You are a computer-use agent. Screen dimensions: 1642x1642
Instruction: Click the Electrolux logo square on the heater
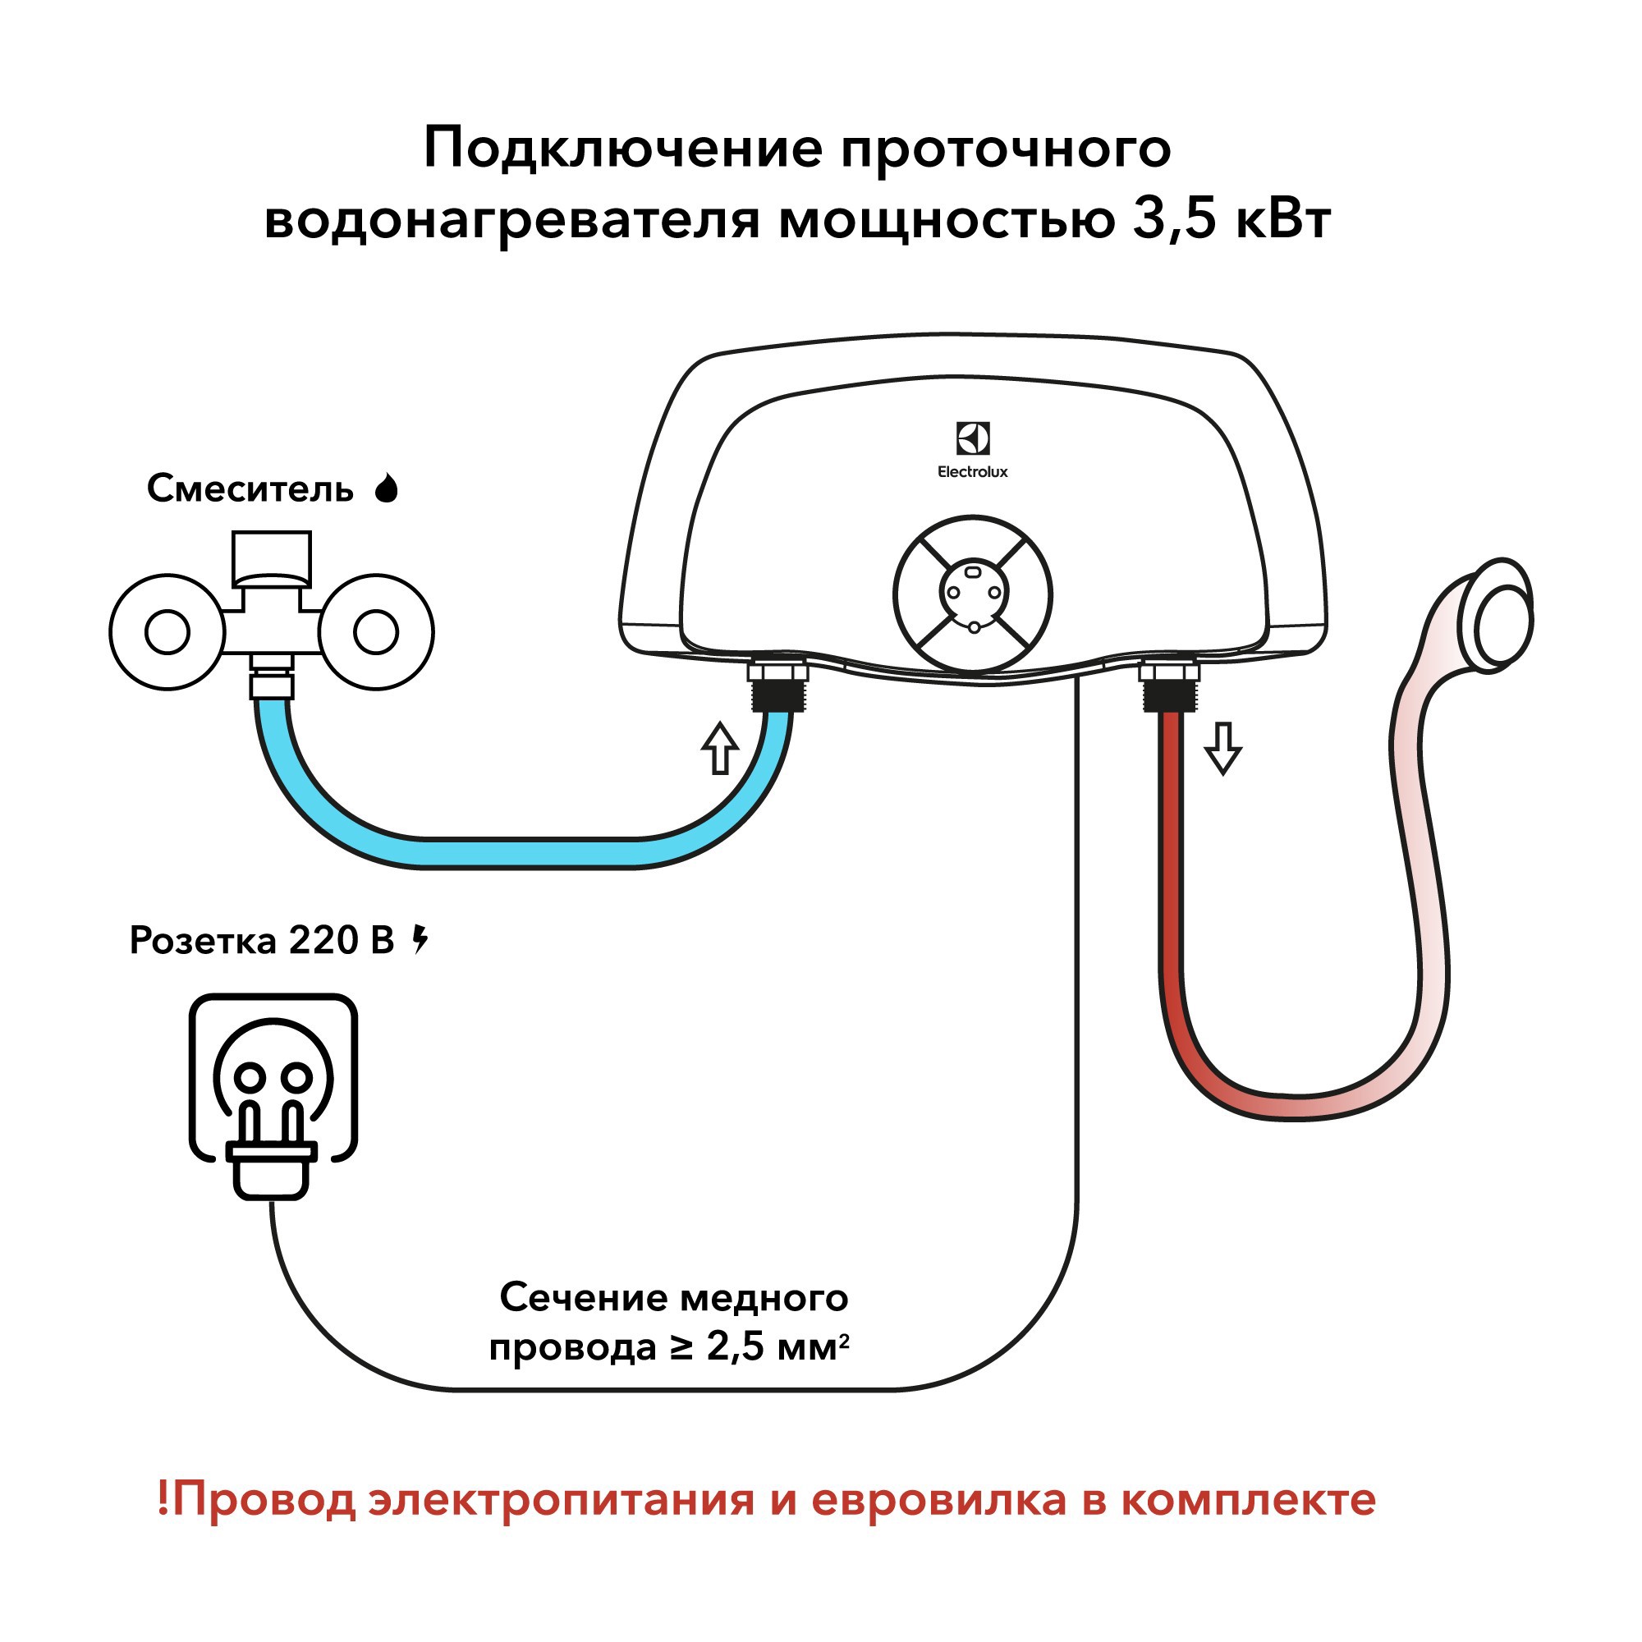973,438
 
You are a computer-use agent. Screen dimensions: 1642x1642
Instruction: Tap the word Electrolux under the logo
972,472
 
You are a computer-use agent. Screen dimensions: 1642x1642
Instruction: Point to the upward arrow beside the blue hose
719,748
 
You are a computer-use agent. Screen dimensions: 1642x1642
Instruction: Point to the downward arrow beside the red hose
1223,748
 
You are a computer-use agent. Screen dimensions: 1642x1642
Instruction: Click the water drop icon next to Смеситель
387,488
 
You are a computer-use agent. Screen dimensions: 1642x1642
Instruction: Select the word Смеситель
250,488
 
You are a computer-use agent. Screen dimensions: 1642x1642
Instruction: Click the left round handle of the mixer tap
167,632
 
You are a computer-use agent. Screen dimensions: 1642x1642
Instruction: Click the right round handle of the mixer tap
376,632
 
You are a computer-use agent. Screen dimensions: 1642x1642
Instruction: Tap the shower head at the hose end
1502,613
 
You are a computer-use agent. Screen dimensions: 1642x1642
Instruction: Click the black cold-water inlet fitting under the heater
777,692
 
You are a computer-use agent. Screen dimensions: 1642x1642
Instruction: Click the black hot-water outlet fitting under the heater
1169,693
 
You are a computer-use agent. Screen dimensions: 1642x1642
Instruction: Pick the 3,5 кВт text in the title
1231,219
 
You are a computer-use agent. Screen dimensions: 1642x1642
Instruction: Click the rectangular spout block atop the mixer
271,558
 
